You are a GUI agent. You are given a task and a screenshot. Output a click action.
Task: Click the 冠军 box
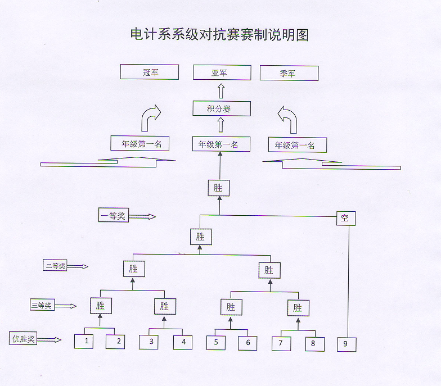pos(150,72)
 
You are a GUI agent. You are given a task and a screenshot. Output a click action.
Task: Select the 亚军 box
pos(222,72)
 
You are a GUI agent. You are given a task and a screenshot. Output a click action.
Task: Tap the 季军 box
pos(289,73)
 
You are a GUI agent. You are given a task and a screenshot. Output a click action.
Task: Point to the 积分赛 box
pos(222,108)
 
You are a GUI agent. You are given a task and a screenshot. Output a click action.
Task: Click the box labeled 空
pos(346,218)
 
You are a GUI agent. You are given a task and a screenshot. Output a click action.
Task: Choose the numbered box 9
pos(346,344)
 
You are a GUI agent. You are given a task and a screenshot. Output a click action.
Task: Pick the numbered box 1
pos(84,342)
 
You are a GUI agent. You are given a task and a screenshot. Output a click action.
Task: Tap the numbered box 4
pos(183,343)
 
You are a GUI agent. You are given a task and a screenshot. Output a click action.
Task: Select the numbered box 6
pos(247,343)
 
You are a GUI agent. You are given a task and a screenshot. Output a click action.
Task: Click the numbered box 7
pos(281,344)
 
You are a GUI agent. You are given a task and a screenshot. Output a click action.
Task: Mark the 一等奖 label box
pos(114,215)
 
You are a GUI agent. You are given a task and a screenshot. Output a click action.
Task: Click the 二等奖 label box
pos(55,265)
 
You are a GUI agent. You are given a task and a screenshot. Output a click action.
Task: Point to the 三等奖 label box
pos(42,305)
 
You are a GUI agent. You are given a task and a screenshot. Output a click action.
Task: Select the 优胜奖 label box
pos(23,338)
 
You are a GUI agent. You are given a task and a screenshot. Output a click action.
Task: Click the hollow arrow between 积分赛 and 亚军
pos(222,91)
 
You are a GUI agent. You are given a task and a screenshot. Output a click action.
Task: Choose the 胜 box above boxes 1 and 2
pos(101,306)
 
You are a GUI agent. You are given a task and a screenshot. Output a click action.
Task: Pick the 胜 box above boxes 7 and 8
pos(298,308)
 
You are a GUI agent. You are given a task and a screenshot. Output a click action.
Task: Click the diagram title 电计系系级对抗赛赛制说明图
pos(219,35)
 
